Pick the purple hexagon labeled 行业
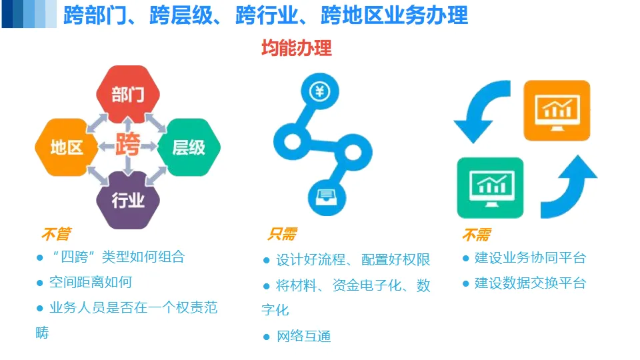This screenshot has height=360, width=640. pos(128,199)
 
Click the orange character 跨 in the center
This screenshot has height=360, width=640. pos(127,145)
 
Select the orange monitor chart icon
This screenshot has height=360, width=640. pos(557,110)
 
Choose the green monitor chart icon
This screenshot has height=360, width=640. pos(490,187)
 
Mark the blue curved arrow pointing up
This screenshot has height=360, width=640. pos(569,187)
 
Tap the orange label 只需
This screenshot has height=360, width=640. pos(282,234)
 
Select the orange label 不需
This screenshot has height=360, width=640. pos(476,234)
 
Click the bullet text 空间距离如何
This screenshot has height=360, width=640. pos(91,283)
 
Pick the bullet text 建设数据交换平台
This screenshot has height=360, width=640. pos(530,283)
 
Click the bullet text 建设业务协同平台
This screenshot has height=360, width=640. pos(530,258)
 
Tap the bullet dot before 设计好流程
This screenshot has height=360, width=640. pos(267,260)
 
